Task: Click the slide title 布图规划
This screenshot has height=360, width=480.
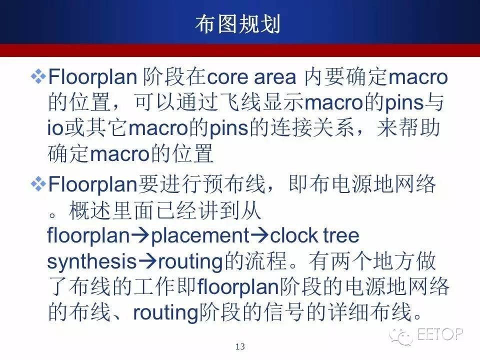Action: [237, 24]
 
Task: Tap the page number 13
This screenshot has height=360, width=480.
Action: [240, 346]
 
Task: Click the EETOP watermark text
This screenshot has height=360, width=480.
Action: [440, 334]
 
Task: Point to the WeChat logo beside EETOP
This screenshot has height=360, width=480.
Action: [401, 336]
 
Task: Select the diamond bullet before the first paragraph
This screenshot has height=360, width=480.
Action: [38, 76]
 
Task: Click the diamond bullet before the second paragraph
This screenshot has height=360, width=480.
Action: [38, 184]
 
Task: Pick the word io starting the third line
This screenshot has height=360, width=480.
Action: [54, 128]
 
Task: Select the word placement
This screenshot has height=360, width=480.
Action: [200, 236]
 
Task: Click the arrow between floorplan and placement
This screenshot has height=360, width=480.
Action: [140, 235]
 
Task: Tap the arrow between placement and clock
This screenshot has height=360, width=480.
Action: [259, 235]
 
